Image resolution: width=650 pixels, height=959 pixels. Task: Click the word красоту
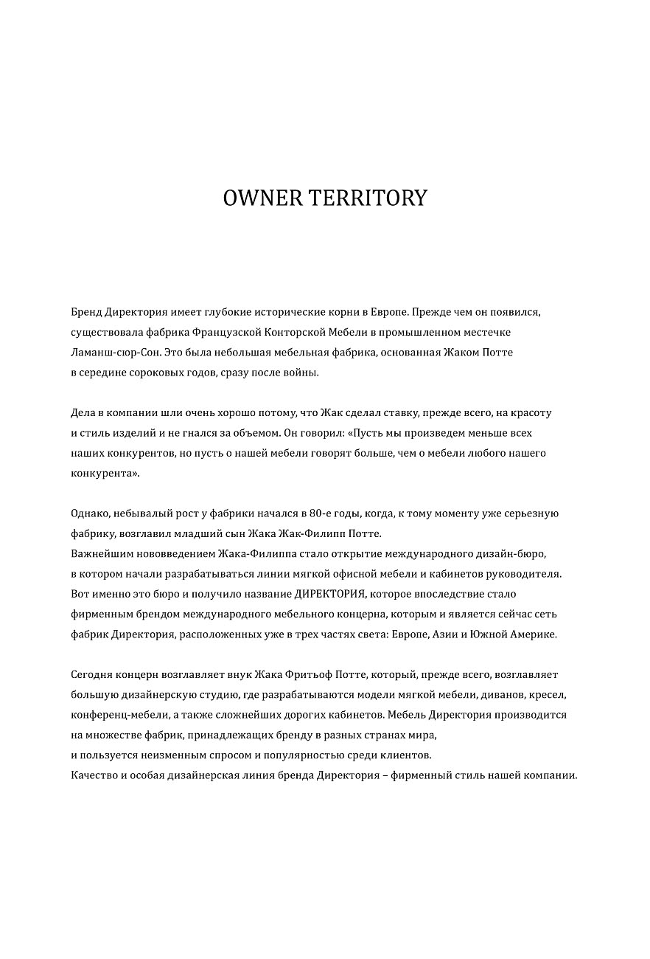[528, 413]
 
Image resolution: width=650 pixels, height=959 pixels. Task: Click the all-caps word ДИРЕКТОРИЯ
[329, 594]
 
